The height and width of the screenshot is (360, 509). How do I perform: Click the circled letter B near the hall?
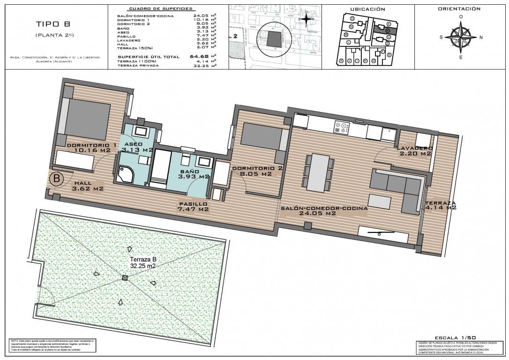57,179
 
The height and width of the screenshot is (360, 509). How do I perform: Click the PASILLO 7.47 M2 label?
193,207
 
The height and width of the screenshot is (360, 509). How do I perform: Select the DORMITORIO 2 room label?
257,171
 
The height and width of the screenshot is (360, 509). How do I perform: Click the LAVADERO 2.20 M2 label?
414,150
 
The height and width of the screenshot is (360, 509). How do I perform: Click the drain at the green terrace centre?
125,278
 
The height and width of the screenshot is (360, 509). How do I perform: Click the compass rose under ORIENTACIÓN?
461,37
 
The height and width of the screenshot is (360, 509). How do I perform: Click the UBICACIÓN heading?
367,9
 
